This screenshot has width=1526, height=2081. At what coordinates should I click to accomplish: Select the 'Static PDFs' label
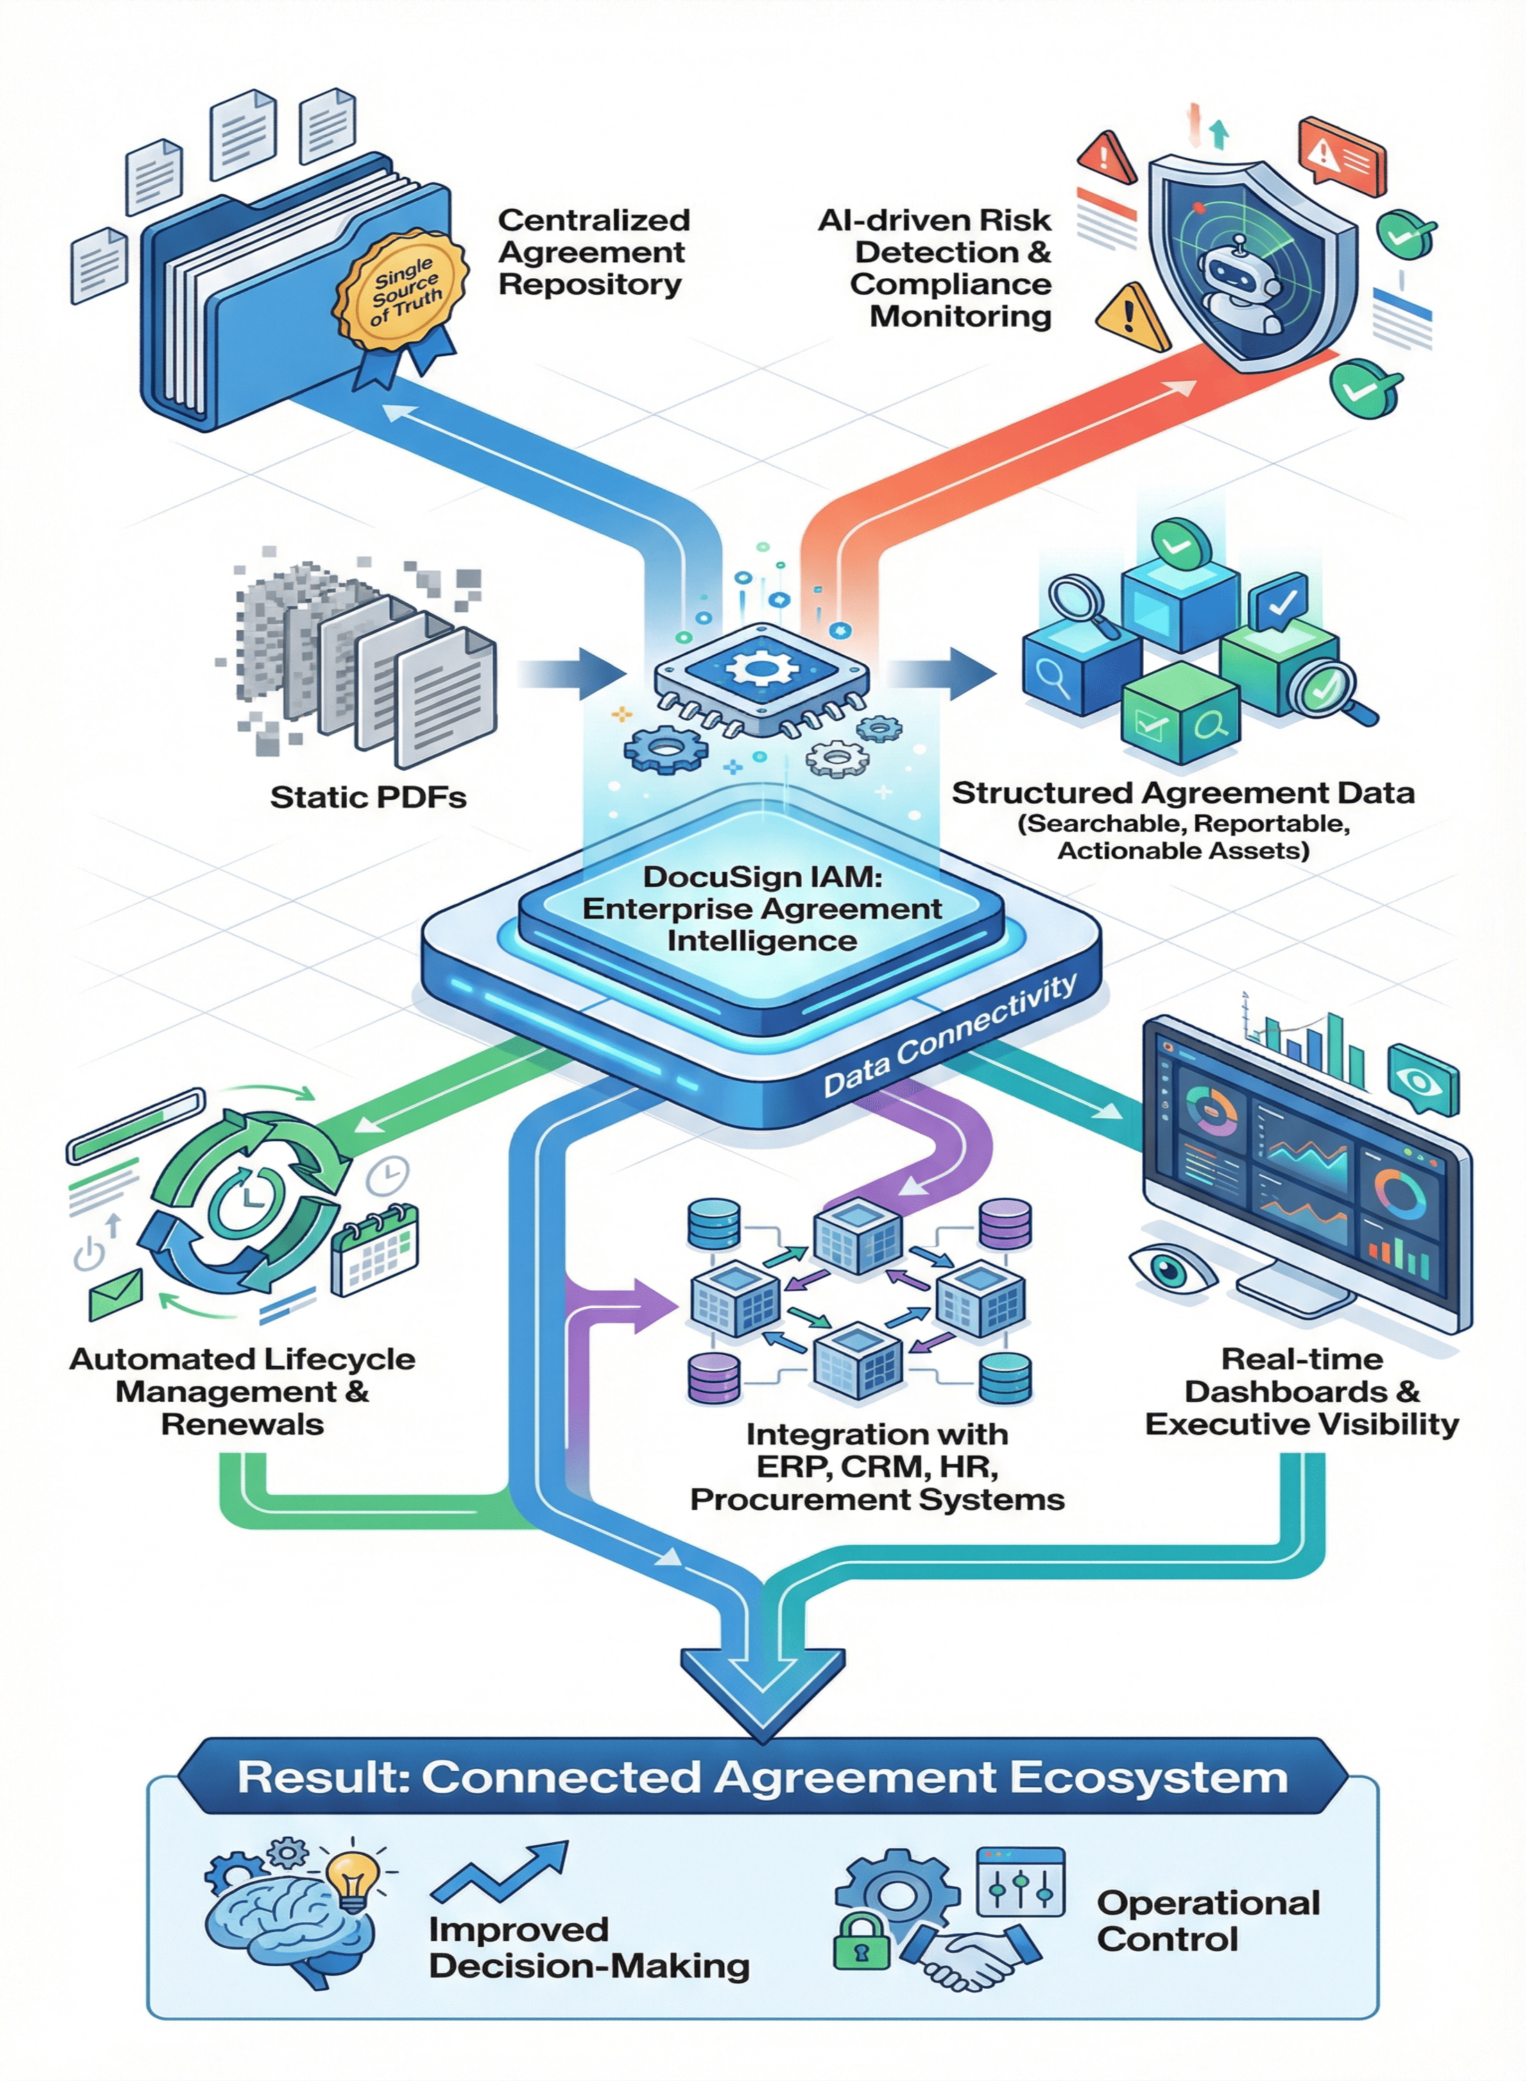click(x=368, y=797)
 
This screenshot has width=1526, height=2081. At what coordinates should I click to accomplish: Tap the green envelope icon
click(x=115, y=1294)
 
